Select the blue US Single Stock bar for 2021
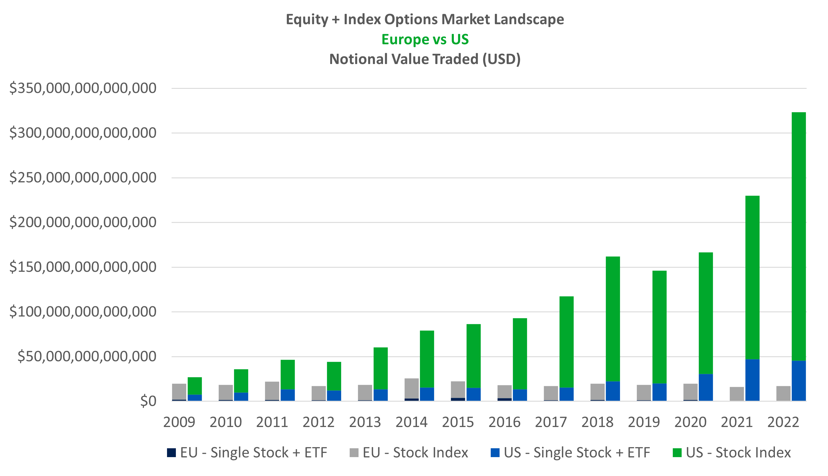tap(752, 380)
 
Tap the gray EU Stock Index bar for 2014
tap(412, 388)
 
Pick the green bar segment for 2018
tap(613, 319)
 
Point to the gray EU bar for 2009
tap(179, 392)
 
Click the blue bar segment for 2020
tap(706, 387)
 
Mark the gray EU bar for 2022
tap(783, 393)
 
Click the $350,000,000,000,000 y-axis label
tap(83, 88)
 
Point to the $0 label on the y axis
tap(148, 401)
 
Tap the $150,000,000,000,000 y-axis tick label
tap(83, 267)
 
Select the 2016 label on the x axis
tap(504, 422)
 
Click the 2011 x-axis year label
tap(272, 422)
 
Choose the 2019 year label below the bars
tap(644, 422)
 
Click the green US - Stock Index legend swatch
tap(677, 453)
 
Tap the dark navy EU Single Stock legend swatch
tap(171, 453)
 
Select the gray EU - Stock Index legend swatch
tap(354, 453)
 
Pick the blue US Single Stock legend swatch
tap(495, 453)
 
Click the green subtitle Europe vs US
tap(425, 40)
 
